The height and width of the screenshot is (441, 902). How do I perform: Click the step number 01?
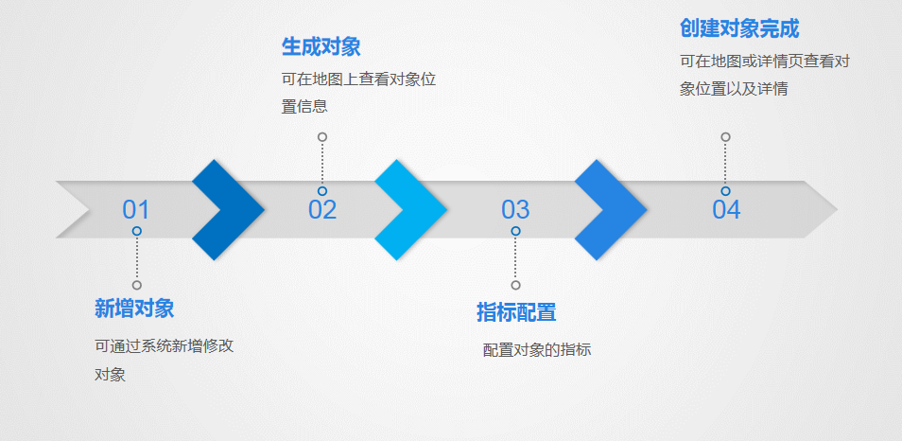(136, 210)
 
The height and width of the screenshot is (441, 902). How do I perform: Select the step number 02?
(322, 210)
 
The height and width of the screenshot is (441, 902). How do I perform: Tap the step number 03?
(515, 210)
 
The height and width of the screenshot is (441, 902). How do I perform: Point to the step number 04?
(726, 210)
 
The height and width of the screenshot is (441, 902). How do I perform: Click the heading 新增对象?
(134, 309)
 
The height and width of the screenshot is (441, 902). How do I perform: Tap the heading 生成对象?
(321, 46)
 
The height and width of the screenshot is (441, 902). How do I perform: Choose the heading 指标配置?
(516, 312)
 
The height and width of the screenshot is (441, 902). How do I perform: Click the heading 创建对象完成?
(739, 28)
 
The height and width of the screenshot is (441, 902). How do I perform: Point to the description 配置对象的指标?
(537, 350)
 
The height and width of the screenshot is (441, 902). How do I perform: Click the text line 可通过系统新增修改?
(165, 345)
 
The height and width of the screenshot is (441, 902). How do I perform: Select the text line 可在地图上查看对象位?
(358, 79)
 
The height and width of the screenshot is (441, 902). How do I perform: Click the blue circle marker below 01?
(137, 231)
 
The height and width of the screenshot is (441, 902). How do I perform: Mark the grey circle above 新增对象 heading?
(137, 285)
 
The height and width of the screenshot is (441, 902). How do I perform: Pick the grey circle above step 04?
(725, 137)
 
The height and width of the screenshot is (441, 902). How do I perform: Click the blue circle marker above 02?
(322, 191)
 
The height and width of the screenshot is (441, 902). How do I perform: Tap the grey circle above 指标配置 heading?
(515, 285)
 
